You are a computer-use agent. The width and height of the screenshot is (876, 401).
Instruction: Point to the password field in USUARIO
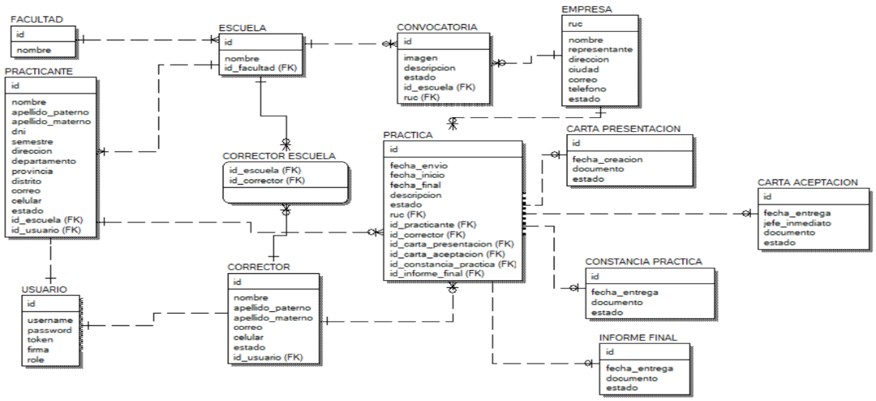[x=49, y=330]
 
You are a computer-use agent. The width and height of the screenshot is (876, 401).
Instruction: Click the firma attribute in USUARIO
[x=38, y=350]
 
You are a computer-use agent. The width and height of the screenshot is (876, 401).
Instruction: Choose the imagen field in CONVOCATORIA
[x=421, y=58]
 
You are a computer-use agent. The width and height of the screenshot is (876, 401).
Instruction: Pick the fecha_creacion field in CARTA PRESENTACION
[x=606, y=159]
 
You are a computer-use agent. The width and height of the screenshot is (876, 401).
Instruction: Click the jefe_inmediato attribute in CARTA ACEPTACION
[x=797, y=222]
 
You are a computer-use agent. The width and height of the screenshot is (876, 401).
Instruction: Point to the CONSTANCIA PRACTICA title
[x=644, y=261]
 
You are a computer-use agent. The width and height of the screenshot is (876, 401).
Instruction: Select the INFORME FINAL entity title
[x=637, y=337]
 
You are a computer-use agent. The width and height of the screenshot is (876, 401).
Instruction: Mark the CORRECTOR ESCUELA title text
[x=279, y=155]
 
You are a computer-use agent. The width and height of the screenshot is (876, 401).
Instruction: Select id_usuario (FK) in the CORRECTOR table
[x=268, y=357]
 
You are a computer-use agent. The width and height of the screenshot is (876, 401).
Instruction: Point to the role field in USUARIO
[x=36, y=360]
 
